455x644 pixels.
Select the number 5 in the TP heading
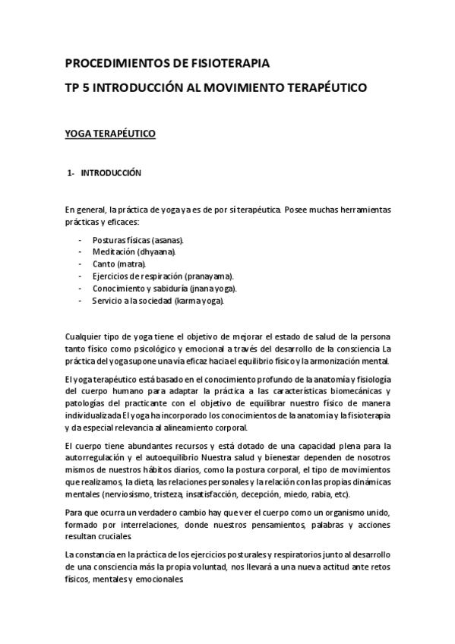coord(85,88)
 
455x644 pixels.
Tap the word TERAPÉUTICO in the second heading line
coord(324,88)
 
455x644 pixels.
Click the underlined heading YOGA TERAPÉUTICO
coord(110,134)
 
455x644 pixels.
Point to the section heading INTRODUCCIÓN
coord(112,173)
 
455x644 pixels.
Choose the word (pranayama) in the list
coord(204,276)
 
